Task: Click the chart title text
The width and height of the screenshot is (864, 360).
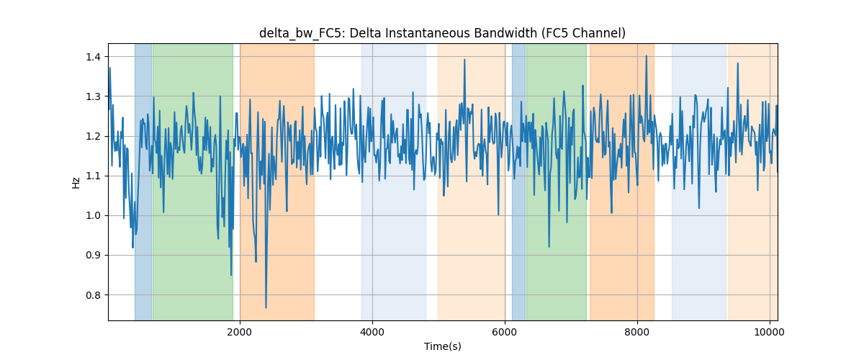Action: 442,33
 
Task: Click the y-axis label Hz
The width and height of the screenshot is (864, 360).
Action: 76,183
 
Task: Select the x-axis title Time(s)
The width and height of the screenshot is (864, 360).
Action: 442,346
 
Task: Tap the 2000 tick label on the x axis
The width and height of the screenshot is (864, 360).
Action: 240,332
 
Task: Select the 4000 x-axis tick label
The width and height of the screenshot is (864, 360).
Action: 372,332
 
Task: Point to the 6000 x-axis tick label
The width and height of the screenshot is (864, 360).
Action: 505,332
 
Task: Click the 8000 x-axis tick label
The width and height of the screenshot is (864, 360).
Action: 637,332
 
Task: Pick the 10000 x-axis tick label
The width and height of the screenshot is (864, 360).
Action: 770,332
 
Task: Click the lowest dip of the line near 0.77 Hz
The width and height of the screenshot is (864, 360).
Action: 266,307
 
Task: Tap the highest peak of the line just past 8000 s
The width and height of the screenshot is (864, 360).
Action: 647,56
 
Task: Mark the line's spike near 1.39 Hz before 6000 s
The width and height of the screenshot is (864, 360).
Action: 465,60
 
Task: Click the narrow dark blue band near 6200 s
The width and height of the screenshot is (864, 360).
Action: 519,181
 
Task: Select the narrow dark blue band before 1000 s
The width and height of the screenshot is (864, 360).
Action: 143,181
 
